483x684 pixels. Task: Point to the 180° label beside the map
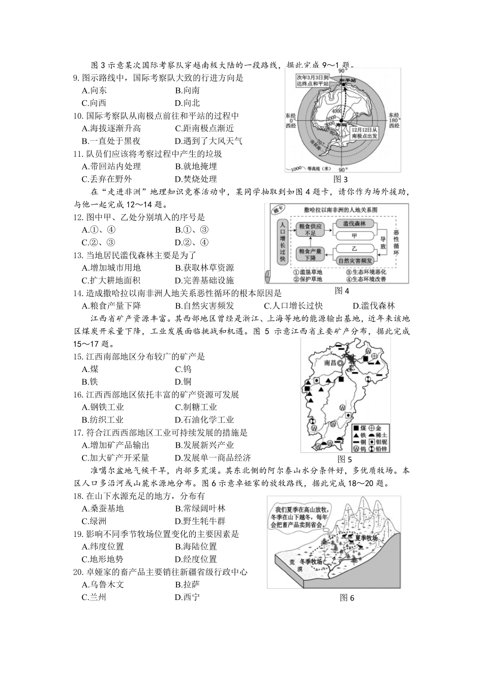click(394, 120)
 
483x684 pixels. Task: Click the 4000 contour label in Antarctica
click(337, 110)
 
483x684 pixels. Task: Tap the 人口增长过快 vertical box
click(282, 242)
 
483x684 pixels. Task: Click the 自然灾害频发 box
click(355, 261)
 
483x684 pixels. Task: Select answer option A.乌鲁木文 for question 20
click(103, 584)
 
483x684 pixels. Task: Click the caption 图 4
click(342, 291)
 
